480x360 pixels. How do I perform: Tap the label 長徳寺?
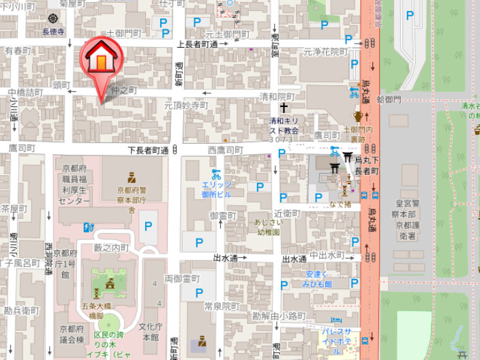point(53,31)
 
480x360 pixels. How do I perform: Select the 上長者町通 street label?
point(198,44)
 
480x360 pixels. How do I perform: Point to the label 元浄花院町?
point(326,51)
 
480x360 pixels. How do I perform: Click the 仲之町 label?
point(124,89)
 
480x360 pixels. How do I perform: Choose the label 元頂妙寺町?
point(185,106)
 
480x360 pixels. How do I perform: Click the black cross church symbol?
point(284,108)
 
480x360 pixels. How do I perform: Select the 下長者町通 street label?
point(148,149)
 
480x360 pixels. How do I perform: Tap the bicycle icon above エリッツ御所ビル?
point(216,174)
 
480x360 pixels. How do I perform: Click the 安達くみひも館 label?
point(318,280)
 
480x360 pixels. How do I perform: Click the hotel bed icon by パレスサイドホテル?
point(335,320)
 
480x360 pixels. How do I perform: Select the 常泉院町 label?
point(224,306)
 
